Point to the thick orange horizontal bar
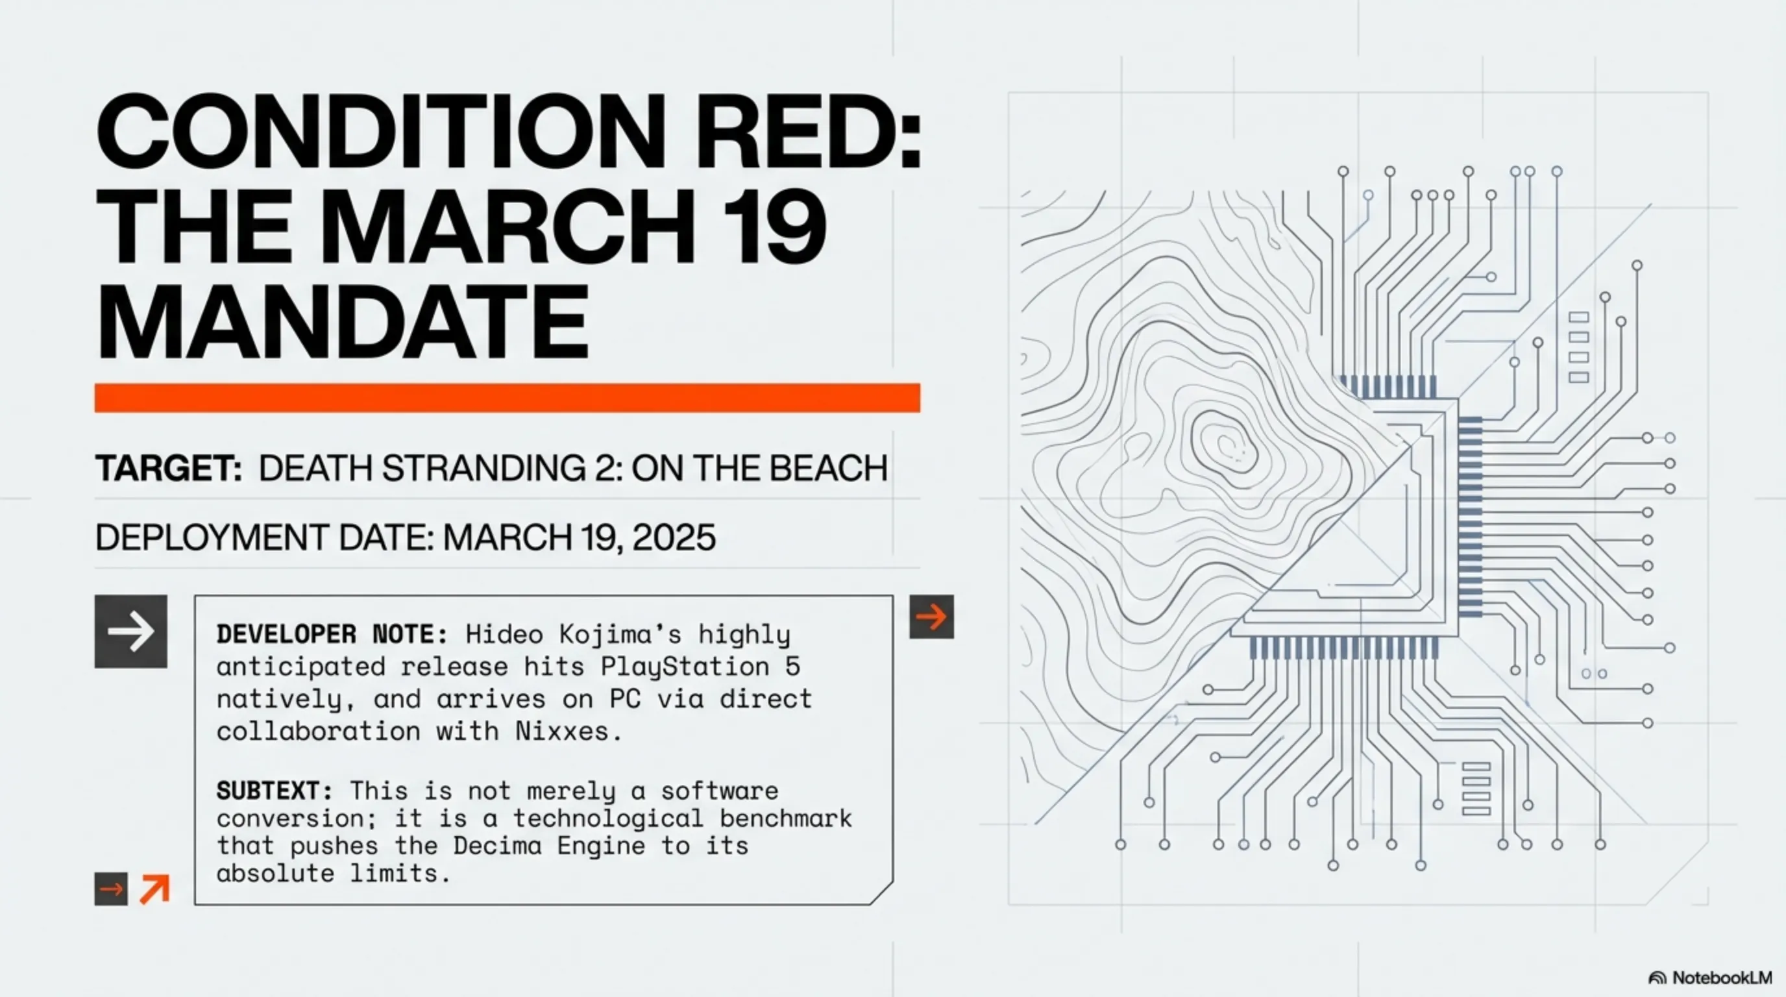pyautogui.click(x=508, y=398)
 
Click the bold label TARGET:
pyautogui.click(x=169, y=468)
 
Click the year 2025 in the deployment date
pyautogui.click(x=674, y=538)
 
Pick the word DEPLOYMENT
pyautogui.click(x=212, y=538)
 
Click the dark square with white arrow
pyautogui.click(x=131, y=631)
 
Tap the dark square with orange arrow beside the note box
pyautogui.click(x=932, y=617)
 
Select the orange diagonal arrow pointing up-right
pyautogui.click(x=154, y=889)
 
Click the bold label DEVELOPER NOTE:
pyautogui.click(x=332, y=634)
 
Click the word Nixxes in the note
pyautogui.click(x=561, y=732)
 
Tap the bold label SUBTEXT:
pyautogui.click(x=275, y=791)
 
